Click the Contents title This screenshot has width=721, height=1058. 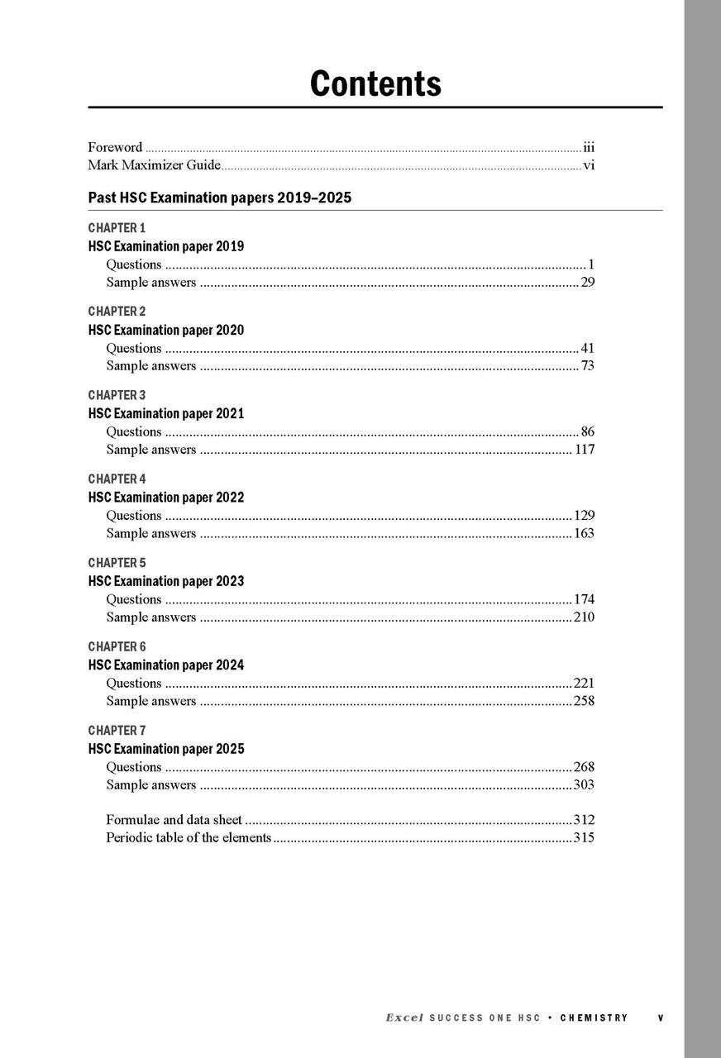[x=375, y=83]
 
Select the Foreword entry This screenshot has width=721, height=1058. [x=115, y=148]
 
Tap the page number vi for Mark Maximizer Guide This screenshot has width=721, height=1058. [x=589, y=165]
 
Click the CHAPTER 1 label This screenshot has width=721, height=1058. [x=117, y=227]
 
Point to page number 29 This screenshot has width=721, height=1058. [x=587, y=283]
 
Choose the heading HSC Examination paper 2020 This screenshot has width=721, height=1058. [x=165, y=330]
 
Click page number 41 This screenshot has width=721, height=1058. [x=587, y=348]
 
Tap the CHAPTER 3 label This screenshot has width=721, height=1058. [x=117, y=395]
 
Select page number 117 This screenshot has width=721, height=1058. [x=585, y=450]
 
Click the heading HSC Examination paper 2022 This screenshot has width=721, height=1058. [x=165, y=498]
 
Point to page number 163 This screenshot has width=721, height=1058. [x=584, y=533]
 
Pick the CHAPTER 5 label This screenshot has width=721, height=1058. [x=117, y=563]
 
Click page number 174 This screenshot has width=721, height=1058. [x=584, y=599]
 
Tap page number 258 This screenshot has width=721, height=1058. [x=584, y=701]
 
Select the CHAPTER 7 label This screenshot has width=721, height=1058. [x=117, y=731]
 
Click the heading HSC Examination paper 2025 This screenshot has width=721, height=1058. [x=165, y=749]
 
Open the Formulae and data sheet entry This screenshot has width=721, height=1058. [x=174, y=820]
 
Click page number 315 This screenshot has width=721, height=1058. [x=584, y=838]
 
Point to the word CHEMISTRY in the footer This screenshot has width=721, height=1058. [x=594, y=1018]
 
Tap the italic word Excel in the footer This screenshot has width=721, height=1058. [x=404, y=1018]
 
